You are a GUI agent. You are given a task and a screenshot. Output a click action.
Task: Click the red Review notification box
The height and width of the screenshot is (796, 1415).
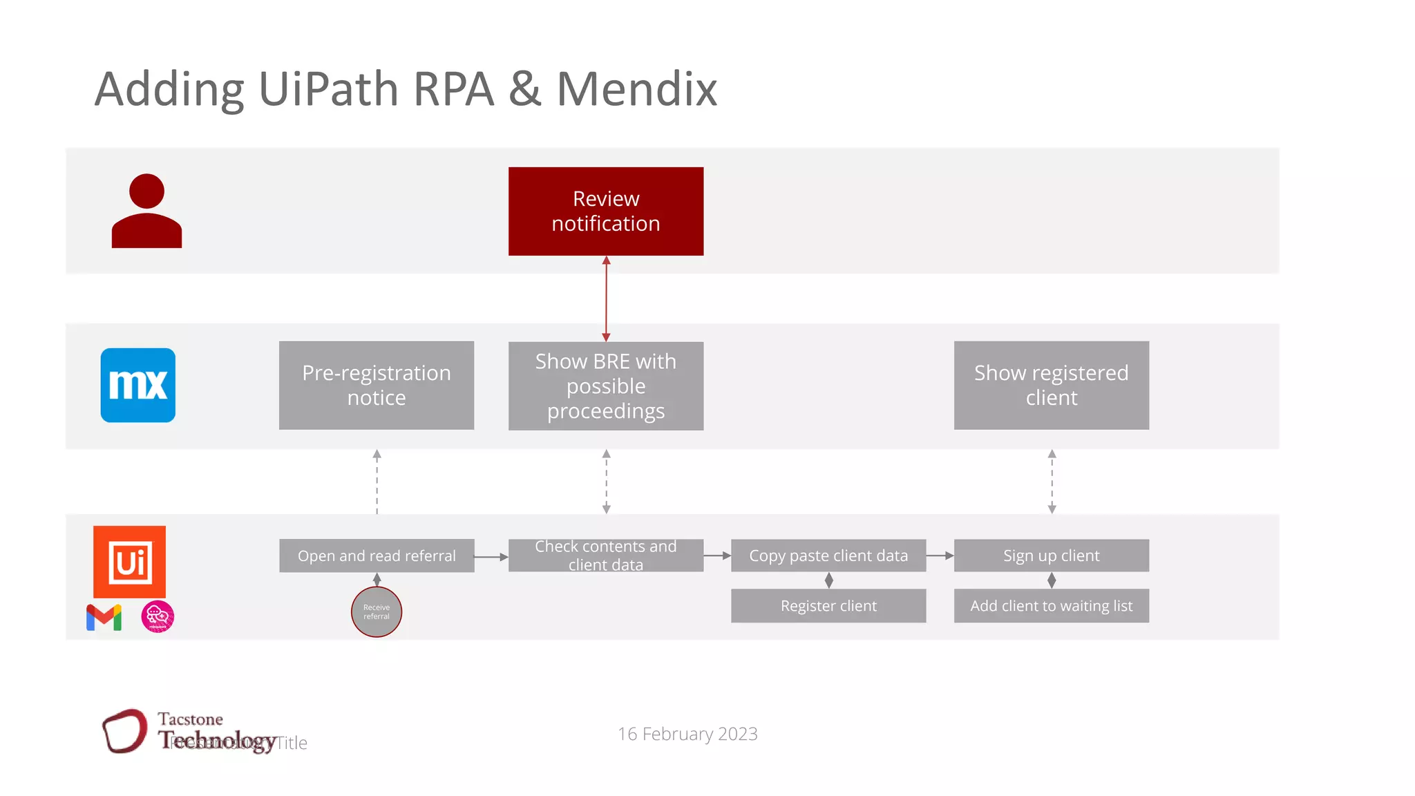[606, 211]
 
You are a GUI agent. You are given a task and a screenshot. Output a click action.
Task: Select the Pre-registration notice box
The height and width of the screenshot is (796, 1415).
[377, 386]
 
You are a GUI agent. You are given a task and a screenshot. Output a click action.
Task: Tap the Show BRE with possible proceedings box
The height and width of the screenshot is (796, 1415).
[606, 386]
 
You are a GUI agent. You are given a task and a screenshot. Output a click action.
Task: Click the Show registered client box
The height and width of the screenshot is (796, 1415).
[1051, 386]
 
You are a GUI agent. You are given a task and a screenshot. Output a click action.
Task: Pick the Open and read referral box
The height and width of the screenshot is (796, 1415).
[377, 556]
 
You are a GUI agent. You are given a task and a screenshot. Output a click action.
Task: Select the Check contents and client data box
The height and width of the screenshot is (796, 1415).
[606, 556]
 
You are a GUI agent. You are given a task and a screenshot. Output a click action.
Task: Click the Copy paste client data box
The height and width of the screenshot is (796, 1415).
[828, 556]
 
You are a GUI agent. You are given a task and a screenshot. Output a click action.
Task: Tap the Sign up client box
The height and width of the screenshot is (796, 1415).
[1051, 556]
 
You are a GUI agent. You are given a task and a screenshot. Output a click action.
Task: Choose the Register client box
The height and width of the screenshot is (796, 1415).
[828, 606]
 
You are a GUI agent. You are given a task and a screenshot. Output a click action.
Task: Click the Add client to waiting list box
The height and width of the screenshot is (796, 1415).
[1051, 606]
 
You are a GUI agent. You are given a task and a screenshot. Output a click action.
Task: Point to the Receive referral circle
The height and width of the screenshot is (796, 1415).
[377, 612]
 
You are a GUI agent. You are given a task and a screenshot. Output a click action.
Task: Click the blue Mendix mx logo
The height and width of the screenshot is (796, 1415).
[138, 386]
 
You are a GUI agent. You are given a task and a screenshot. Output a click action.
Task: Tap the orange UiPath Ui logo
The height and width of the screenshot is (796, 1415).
[130, 562]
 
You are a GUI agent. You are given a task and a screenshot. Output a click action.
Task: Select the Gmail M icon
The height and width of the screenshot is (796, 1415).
[104, 617]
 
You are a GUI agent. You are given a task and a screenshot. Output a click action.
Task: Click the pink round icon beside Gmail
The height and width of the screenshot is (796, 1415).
[158, 617]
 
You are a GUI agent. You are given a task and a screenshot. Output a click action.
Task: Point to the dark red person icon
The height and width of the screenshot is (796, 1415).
[146, 211]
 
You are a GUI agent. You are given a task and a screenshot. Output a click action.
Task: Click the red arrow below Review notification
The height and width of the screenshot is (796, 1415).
[606, 298]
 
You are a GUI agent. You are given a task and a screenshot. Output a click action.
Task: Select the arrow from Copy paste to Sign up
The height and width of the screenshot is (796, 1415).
[940, 556]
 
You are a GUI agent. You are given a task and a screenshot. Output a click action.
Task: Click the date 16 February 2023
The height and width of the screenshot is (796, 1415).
[687, 734]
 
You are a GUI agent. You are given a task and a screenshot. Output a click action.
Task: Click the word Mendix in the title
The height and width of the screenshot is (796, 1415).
[637, 89]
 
